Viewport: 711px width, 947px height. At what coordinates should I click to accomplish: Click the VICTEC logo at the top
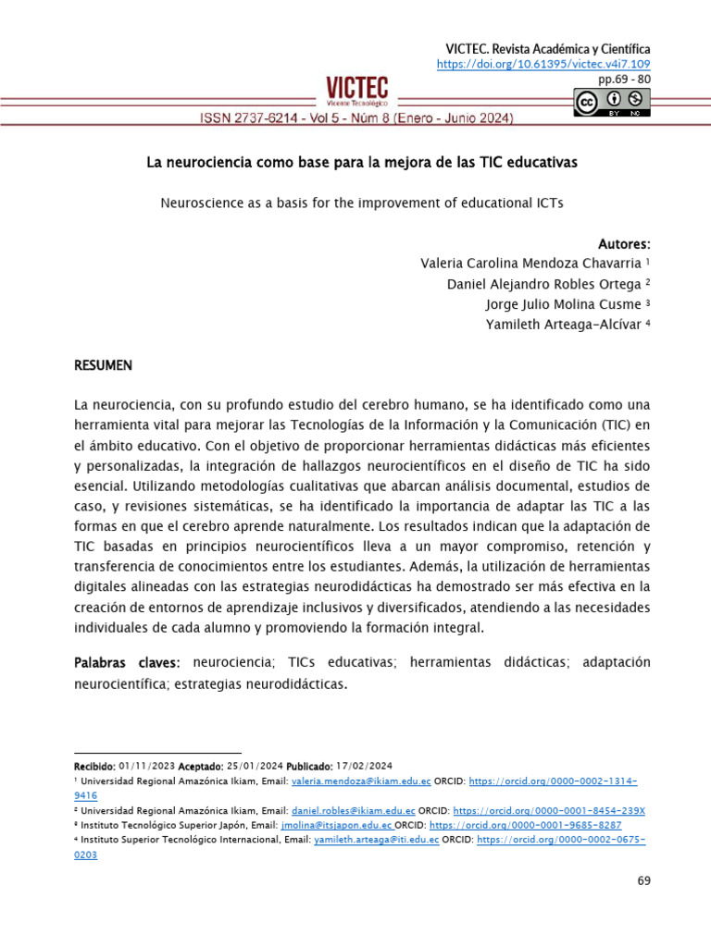(x=356, y=92)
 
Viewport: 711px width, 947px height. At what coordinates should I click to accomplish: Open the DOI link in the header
(x=543, y=64)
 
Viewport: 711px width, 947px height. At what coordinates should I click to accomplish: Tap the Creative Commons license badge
(x=611, y=103)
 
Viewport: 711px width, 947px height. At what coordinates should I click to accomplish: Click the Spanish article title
(x=362, y=163)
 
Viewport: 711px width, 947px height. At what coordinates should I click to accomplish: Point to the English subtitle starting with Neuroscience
(x=362, y=202)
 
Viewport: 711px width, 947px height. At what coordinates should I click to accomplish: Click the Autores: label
(x=624, y=244)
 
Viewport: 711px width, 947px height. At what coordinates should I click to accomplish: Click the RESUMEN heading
(x=103, y=365)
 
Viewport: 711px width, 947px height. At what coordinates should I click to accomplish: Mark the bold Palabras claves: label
(x=129, y=663)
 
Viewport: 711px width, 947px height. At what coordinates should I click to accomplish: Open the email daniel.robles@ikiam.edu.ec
(x=354, y=810)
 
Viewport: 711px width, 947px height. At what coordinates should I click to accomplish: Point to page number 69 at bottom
(x=643, y=880)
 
